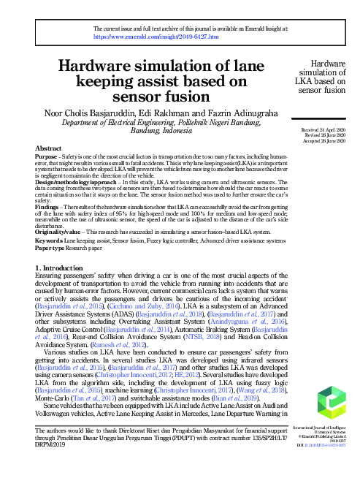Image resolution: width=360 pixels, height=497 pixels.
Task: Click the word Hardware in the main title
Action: pyautogui.click(x=104, y=66)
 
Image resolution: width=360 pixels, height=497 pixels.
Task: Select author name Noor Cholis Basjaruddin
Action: pyautogui.click(x=90, y=113)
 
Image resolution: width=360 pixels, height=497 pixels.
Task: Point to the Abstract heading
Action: pyautogui.click(x=48, y=148)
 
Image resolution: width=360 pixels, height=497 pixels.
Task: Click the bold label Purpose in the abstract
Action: pyautogui.click(x=47, y=157)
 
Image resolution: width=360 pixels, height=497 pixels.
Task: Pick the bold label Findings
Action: pyautogui.click(x=48, y=208)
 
